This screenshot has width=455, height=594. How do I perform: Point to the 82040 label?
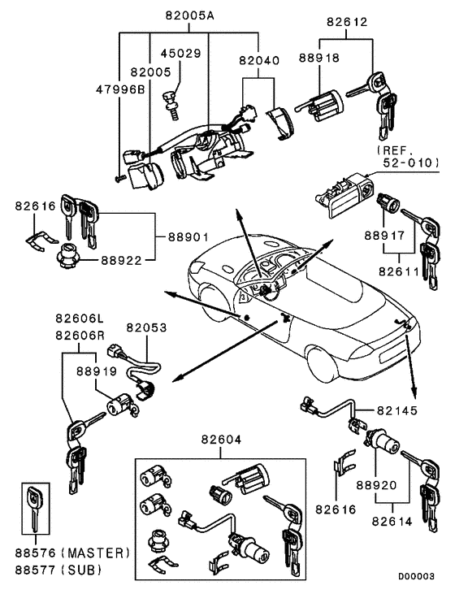pos(258,60)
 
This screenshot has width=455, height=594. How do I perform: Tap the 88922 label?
pos(121,262)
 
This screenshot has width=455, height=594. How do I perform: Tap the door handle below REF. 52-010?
pos(342,198)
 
